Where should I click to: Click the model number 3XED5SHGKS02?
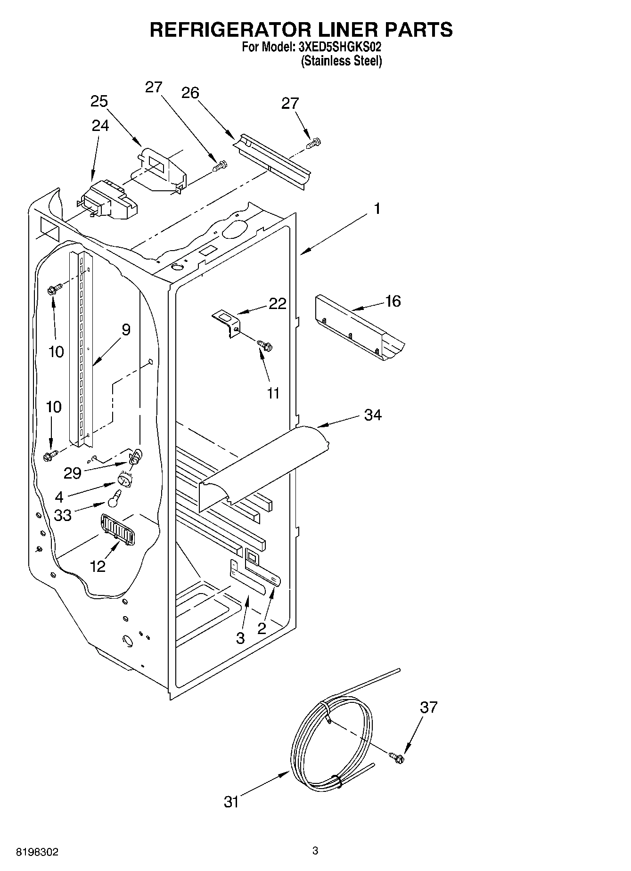point(339,47)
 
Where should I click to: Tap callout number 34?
point(373,415)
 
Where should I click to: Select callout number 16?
point(393,301)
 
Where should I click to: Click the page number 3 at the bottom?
point(315,850)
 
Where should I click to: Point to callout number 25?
point(99,101)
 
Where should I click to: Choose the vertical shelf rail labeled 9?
point(81,349)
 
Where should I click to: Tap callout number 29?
point(73,473)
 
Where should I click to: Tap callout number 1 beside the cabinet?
point(377,208)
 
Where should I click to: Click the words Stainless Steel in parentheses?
point(341,61)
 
